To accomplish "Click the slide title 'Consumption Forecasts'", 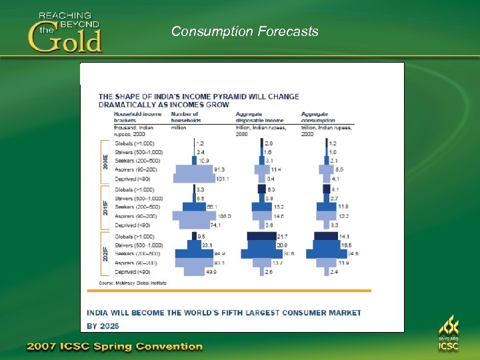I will click(245, 31).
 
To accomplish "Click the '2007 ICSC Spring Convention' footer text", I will click(114, 347).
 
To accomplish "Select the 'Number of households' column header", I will click(186, 118).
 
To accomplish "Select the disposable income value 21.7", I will click(283, 237).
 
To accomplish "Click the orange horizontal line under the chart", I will click(230, 291).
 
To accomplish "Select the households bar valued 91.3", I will click(193, 170).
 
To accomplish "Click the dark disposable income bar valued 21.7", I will click(262, 237).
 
